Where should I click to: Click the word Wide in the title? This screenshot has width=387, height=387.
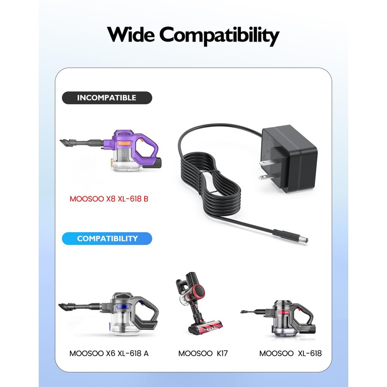(130, 35)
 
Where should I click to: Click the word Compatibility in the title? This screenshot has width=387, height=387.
(220, 36)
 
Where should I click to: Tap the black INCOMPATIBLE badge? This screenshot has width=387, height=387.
(106, 98)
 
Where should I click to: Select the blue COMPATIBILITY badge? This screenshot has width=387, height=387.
(107, 238)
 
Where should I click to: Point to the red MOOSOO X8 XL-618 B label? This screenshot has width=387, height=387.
(108, 199)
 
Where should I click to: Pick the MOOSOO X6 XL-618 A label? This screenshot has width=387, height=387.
(109, 354)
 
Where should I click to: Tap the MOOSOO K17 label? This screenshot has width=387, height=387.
(203, 354)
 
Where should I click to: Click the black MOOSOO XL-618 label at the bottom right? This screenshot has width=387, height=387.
(290, 354)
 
